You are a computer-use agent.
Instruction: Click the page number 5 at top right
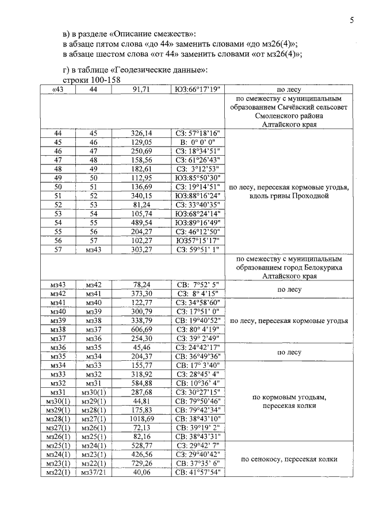pos(351,21)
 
